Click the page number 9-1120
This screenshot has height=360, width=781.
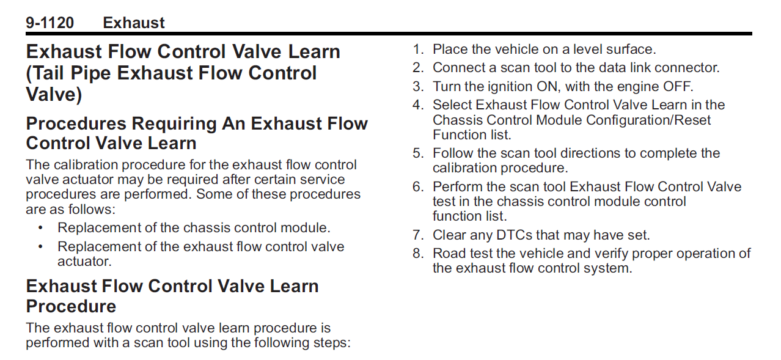pos(50,23)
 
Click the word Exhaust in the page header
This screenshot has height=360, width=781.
pos(134,23)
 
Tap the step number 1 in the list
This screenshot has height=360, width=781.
pos(417,50)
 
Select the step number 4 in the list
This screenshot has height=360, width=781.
pos(417,105)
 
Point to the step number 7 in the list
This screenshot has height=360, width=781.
pos(417,235)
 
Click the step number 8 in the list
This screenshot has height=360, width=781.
pos(417,254)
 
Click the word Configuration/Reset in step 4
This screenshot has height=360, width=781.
pos(648,120)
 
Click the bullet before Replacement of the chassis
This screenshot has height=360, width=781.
pos(40,228)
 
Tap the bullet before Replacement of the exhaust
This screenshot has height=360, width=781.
pos(40,247)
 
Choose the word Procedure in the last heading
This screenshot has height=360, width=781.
pos(71,306)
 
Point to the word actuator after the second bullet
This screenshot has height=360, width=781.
pos(84,262)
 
